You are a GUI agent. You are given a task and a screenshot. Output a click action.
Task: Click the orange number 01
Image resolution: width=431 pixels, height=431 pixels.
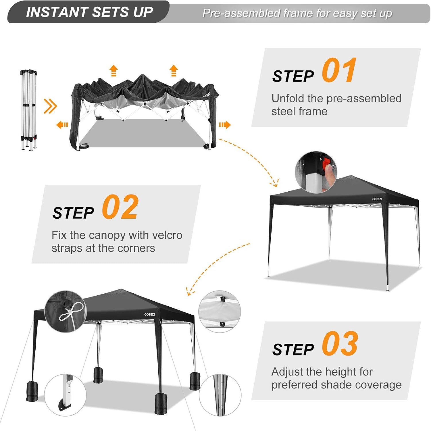(339, 70)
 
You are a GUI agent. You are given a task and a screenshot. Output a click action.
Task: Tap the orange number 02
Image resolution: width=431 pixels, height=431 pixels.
(120, 207)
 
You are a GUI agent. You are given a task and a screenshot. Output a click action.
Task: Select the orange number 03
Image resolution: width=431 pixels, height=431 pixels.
(340, 343)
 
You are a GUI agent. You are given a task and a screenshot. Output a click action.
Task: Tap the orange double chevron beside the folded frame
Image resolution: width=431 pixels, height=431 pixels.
(51, 106)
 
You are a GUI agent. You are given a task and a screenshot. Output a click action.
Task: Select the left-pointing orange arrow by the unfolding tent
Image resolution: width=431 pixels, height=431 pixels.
(62, 125)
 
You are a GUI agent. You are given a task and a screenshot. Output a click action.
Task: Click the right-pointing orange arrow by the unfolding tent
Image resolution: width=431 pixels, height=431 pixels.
(225, 125)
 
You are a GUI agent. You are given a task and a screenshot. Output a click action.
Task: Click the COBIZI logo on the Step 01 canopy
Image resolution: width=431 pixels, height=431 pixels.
(377, 199)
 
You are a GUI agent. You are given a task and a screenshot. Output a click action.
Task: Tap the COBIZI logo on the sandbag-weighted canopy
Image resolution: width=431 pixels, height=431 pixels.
(150, 315)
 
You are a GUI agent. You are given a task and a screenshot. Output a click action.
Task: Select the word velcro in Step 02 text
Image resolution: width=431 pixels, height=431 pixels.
(167, 235)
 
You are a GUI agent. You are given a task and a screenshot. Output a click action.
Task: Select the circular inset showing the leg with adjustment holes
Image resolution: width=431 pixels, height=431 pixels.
(220, 395)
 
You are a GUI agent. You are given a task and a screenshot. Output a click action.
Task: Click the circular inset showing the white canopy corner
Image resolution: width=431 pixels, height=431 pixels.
(220, 311)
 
